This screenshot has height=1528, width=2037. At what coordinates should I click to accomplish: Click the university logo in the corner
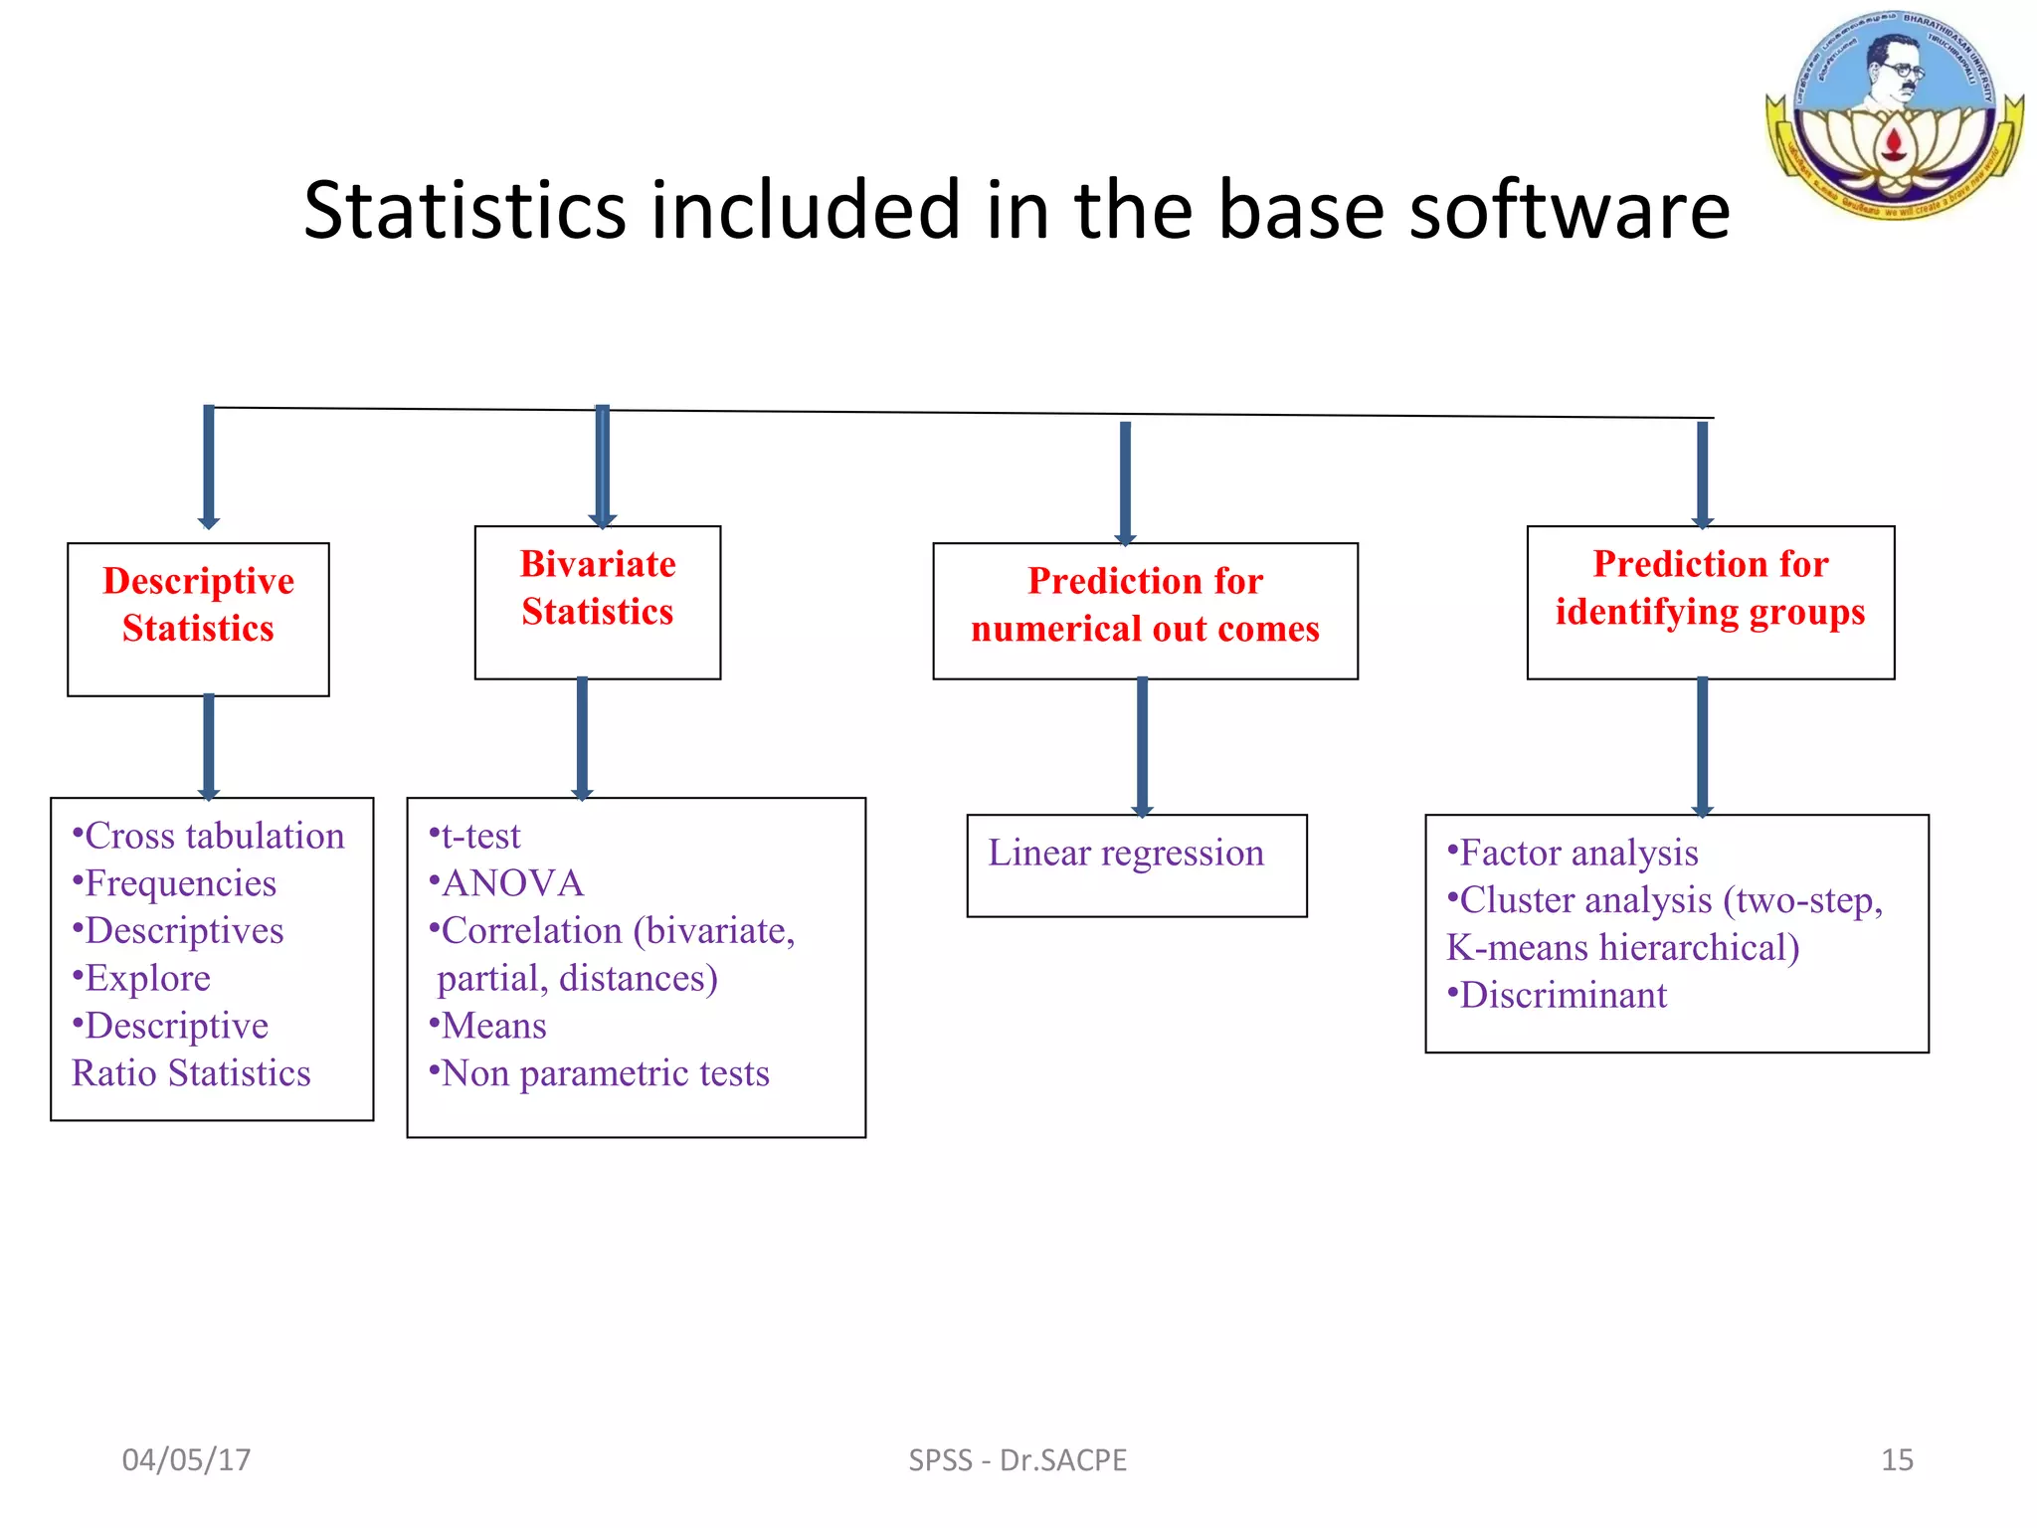(x=1895, y=114)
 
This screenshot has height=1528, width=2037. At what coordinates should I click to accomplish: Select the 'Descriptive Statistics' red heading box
(x=198, y=618)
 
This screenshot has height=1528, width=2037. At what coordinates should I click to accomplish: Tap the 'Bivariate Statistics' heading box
(x=598, y=601)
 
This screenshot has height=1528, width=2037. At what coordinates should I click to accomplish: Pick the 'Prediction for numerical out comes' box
(x=1145, y=610)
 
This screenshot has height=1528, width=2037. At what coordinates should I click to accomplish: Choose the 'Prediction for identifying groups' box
(x=1710, y=601)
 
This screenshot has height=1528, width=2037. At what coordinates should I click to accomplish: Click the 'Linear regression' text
(x=1126, y=854)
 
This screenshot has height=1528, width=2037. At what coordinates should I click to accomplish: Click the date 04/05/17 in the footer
(x=186, y=1459)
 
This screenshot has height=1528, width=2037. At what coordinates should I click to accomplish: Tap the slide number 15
(x=1896, y=1459)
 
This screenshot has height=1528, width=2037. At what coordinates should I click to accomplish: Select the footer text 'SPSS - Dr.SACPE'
(x=1018, y=1459)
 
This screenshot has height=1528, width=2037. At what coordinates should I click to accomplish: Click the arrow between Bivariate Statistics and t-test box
(x=583, y=738)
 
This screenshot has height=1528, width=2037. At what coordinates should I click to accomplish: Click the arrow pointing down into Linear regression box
(x=1142, y=746)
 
